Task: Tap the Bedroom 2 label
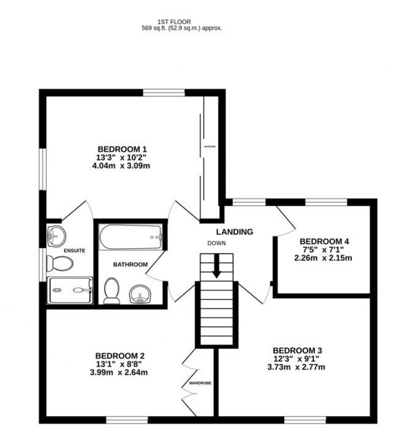(x=120, y=356)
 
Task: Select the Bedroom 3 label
(x=297, y=350)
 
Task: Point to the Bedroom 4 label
(x=324, y=242)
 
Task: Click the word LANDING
(x=235, y=232)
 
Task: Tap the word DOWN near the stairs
(x=217, y=243)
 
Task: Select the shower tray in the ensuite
(x=70, y=290)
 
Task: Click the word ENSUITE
(x=75, y=251)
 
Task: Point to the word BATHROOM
(x=130, y=265)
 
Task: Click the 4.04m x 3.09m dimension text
(x=121, y=165)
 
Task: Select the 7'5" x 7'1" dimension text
(x=324, y=250)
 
